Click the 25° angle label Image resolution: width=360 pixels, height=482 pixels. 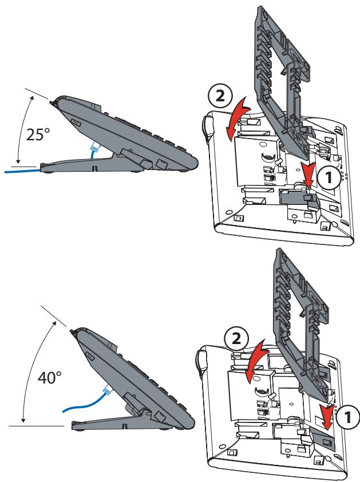click(x=38, y=135)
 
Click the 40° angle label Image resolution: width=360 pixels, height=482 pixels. click(x=49, y=377)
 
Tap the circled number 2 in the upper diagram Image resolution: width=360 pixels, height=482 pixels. click(x=220, y=97)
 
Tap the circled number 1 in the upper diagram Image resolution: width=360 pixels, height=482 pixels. click(x=329, y=177)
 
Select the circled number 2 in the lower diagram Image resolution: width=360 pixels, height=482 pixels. click(x=236, y=338)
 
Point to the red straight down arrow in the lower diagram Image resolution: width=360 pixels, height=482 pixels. click(x=327, y=417)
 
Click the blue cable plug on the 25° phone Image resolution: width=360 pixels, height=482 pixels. click(x=94, y=148)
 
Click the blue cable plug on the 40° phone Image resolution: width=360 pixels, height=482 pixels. click(x=108, y=390)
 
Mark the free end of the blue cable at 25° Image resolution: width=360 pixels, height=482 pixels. click(x=5, y=172)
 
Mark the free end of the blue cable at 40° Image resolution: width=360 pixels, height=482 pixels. click(x=63, y=412)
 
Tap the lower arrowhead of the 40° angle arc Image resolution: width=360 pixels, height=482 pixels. click(x=23, y=420)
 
